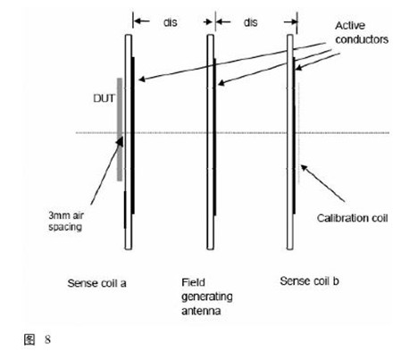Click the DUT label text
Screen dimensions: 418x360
pyautogui.click(x=104, y=98)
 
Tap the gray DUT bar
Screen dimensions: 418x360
pyautogui.click(x=120, y=130)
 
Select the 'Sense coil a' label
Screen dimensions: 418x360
pyautogui.click(x=96, y=283)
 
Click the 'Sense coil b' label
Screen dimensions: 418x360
pyautogui.click(x=309, y=281)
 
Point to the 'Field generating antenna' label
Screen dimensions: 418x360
pyautogui.click(x=207, y=297)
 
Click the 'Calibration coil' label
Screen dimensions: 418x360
pyautogui.click(x=352, y=218)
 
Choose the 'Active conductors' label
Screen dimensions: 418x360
pyautogui.click(x=362, y=32)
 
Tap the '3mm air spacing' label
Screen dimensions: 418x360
pyautogui.click(x=66, y=221)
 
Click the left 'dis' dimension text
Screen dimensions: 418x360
pyautogui.click(x=171, y=22)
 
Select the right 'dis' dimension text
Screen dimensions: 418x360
pyautogui.click(x=250, y=22)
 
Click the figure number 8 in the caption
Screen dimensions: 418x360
pyautogui.click(x=47, y=339)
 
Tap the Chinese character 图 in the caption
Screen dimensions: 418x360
pyautogui.click(x=29, y=339)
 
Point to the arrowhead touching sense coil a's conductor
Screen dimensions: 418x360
pyautogui.click(x=142, y=80)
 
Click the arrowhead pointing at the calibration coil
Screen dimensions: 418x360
pyautogui.click(x=304, y=168)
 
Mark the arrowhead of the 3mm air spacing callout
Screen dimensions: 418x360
pyautogui.click(x=120, y=141)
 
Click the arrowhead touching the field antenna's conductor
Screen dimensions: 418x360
pyautogui.click(x=221, y=83)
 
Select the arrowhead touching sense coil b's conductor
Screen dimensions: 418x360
pyautogui.click(x=298, y=68)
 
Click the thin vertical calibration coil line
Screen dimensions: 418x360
pyautogui.click(x=299, y=133)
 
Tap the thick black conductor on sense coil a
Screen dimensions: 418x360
pyautogui.click(x=133, y=136)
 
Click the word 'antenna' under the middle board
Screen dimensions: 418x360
pyautogui.click(x=201, y=311)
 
